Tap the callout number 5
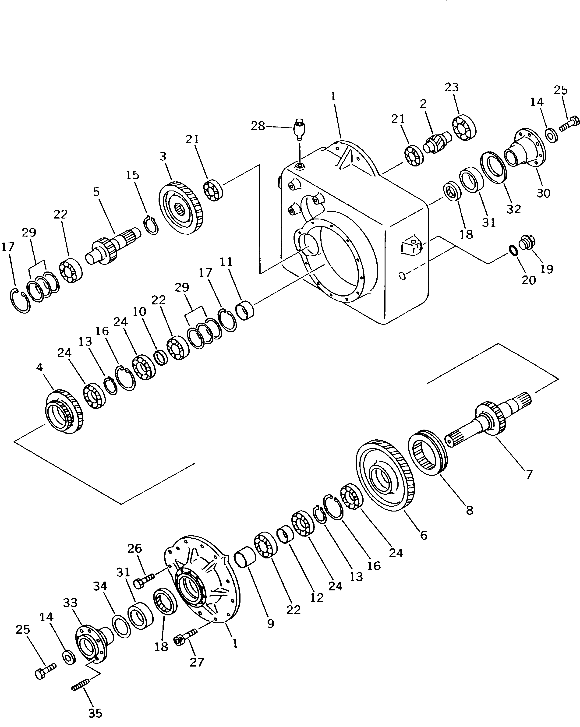click(x=96, y=192)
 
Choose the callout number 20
click(x=528, y=280)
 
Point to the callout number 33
click(x=70, y=603)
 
